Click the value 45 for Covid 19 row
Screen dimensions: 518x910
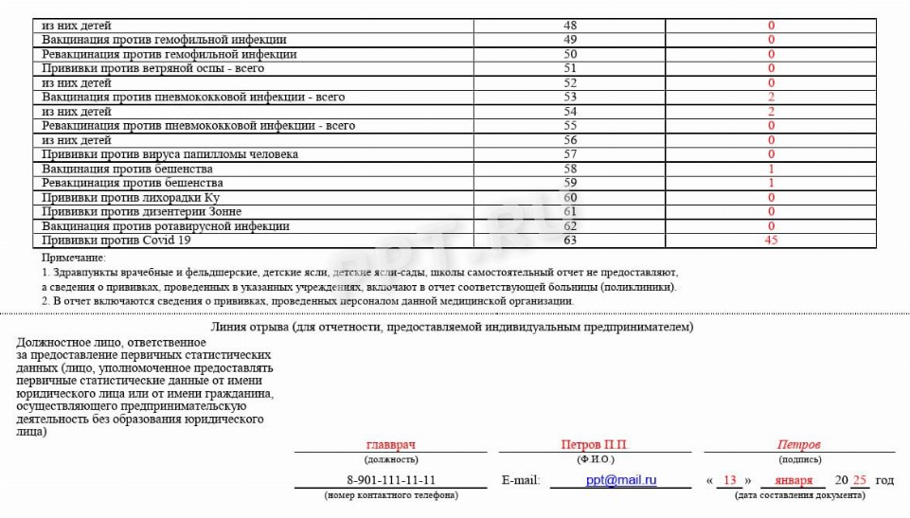point(771,241)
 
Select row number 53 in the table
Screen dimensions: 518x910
point(570,97)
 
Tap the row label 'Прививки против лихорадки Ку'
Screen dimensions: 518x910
point(131,198)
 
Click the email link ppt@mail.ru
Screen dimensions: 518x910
point(621,480)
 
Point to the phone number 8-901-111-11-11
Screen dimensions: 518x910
point(391,480)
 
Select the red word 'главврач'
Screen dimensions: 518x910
point(391,445)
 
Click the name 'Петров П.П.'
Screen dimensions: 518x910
point(594,445)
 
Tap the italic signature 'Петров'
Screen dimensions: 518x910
point(798,445)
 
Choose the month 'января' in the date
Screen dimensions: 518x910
point(794,481)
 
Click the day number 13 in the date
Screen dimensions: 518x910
point(729,481)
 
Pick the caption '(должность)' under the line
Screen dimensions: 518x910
point(391,459)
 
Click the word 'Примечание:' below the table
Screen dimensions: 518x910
point(74,258)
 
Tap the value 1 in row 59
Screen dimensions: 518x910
point(771,183)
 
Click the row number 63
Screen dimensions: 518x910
point(570,241)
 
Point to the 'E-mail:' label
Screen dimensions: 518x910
point(521,481)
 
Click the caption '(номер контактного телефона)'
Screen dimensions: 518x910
point(391,495)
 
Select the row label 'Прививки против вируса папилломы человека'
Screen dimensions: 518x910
point(170,154)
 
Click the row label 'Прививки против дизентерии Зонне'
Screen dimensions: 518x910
point(141,212)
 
